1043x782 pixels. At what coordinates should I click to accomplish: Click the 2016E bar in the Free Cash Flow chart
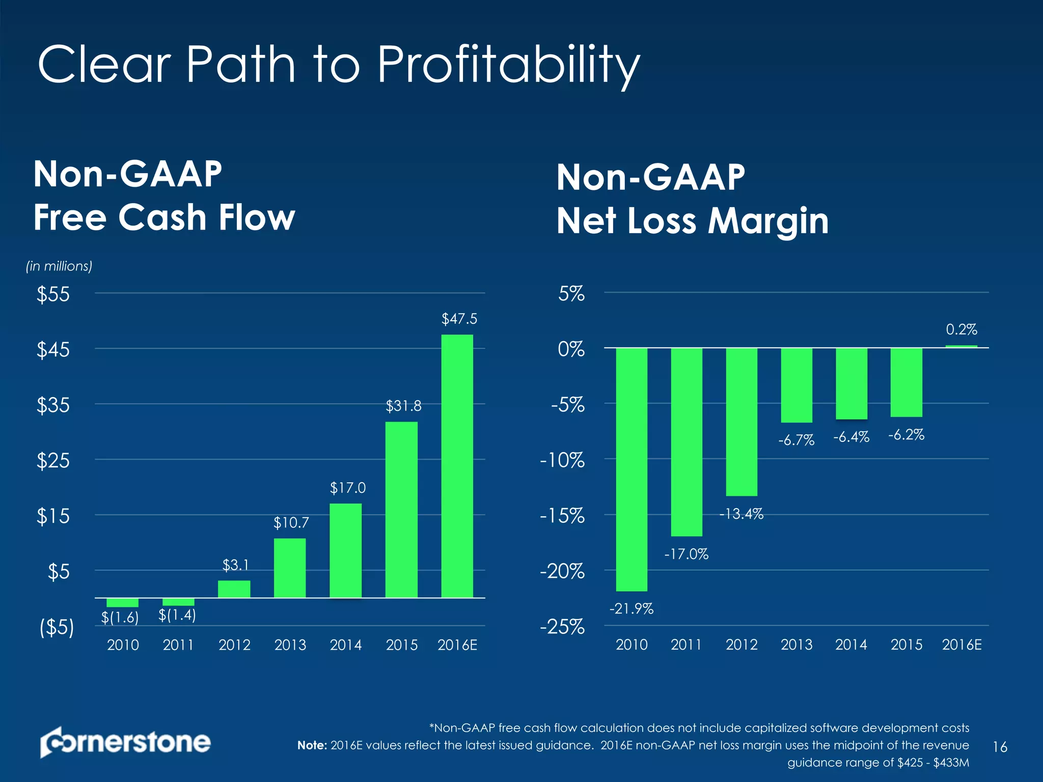pyautogui.click(x=457, y=466)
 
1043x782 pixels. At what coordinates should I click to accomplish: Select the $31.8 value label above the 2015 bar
pyautogui.click(x=403, y=406)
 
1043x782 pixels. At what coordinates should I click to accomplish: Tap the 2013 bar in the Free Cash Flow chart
pyautogui.click(x=290, y=568)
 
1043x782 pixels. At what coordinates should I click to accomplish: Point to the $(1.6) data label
pyautogui.click(x=120, y=617)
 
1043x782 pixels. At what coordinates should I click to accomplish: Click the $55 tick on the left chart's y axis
pyautogui.click(x=53, y=294)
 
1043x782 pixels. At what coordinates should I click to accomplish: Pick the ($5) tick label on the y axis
pyautogui.click(x=57, y=627)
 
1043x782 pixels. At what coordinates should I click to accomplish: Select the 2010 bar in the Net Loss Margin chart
pyautogui.click(x=632, y=469)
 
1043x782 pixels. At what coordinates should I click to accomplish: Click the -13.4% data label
pyautogui.click(x=741, y=514)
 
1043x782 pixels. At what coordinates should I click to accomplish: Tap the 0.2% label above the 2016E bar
pyautogui.click(x=962, y=330)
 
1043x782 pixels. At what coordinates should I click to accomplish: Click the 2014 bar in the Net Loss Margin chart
pyautogui.click(x=852, y=383)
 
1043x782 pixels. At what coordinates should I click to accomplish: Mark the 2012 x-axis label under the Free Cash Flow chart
pyautogui.click(x=234, y=645)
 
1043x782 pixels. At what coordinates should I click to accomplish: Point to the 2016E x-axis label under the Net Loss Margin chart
pyautogui.click(x=962, y=645)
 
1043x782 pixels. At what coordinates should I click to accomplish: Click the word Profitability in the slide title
pyautogui.click(x=508, y=65)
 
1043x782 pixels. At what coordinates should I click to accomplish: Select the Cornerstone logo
pyautogui.click(x=125, y=742)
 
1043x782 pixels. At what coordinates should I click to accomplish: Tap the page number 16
pyautogui.click(x=1000, y=747)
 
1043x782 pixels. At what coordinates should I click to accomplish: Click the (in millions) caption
pyautogui.click(x=59, y=266)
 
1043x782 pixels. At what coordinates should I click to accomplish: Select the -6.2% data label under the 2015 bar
pyautogui.click(x=906, y=435)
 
